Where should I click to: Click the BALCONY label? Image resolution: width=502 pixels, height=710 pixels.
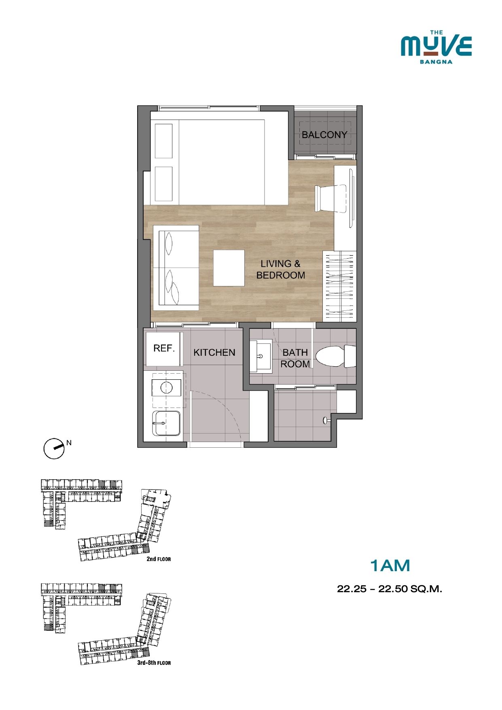pyautogui.click(x=324, y=135)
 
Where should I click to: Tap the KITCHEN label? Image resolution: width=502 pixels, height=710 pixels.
pyautogui.click(x=214, y=353)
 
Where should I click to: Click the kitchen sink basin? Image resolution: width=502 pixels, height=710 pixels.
pyautogui.click(x=166, y=423)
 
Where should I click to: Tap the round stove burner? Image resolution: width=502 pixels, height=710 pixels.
pyautogui.click(x=167, y=388)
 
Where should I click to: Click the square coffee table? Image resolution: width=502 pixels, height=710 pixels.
pyautogui.click(x=229, y=268)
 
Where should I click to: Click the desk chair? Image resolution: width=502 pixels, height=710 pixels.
pyautogui.click(x=331, y=198)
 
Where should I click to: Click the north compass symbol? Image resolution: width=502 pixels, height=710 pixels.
pyautogui.click(x=54, y=449)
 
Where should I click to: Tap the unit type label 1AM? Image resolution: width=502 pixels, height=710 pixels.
pyautogui.click(x=390, y=565)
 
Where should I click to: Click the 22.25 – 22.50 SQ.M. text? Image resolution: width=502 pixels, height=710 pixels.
pyautogui.click(x=390, y=589)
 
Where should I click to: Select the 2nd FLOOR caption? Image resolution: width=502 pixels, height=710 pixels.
pyautogui.click(x=159, y=559)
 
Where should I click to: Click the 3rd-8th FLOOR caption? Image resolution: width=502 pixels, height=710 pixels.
pyautogui.click(x=154, y=663)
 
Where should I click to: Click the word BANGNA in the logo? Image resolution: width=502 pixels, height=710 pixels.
pyautogui.click(x=436, y=62)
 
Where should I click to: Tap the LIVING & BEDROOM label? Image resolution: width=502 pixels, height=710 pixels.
pyautogui.click(x=281, y=270)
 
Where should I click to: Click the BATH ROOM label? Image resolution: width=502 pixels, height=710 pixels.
pyautogui.click(x=295, y=358)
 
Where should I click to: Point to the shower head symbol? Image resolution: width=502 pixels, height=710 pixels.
pyautogui.click(x=326, y=421)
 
